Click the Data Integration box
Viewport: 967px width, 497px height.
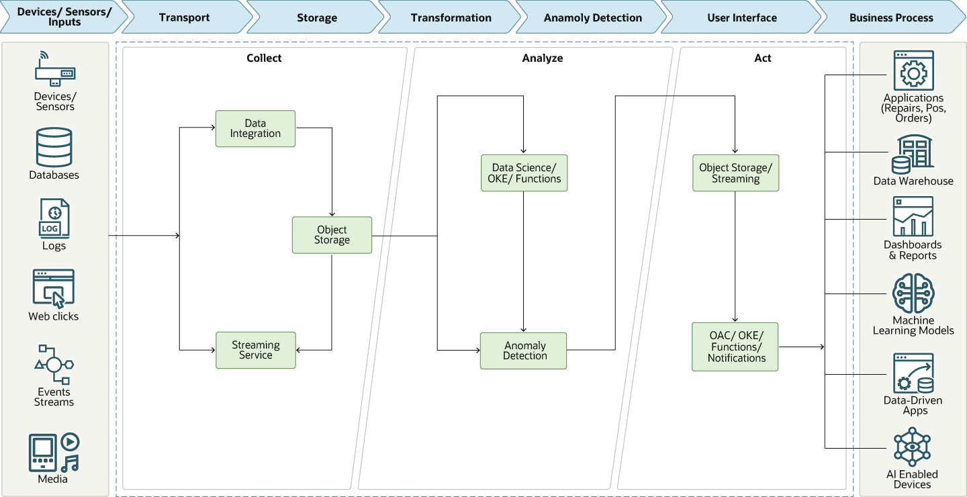pyautogui.click(x=255, y=128)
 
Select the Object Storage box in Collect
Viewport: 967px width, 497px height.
pyautogui.click(x=332, y=235)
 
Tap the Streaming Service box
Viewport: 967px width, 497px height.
pyautogui.click(x=255, y=350)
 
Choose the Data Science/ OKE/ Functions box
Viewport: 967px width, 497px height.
pyautogui.click(x=524, y=173)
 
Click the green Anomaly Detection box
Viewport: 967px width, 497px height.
pyautogui.click(x=523, y=351)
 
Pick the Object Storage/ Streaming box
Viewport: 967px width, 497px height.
pyautogui.click(x=735, y=173)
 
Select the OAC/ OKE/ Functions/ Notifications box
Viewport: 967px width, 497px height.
pyautogui.click(x=735, y=347)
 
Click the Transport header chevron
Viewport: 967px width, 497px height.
pyautogui.click(x=184, y=17)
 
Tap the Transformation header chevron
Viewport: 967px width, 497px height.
pyautogui.click(x=451, y=17)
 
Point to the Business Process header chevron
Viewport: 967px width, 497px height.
pyautogui.click(x=890, y=17)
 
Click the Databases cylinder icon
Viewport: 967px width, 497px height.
pyautogui.click(x=54, y=147)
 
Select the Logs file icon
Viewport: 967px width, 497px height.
pyautogui.click(x=54, y=218)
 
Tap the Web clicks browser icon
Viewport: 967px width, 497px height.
pyautogui.click(x=54, y=288)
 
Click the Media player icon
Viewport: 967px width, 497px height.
pyautogui.click(x=54, y=452)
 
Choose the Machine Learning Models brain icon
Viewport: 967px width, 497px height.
pyautogui.click(x=913, y=293)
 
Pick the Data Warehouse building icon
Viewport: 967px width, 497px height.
pyautogui.click(x=913, y=154)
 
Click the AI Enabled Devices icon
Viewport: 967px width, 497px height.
pyautogui.click(x=912, y=447)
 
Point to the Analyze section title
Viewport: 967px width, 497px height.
pyautogui.click(x=542, y=58)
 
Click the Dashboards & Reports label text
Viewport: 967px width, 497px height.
pyautogui.click(x=912, y=250)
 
